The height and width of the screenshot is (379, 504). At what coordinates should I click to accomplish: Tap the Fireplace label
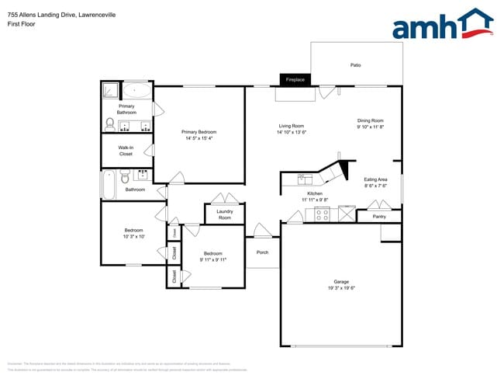coord(295,80)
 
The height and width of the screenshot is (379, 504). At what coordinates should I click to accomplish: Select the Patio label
coord(355,65)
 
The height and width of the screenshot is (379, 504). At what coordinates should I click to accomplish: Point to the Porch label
coord(262,252)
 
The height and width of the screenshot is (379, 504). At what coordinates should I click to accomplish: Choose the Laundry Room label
coord(225,214)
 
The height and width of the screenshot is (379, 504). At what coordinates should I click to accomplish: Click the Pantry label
coord(379,217)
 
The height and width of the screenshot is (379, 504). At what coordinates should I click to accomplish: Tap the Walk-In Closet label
coord(126,151)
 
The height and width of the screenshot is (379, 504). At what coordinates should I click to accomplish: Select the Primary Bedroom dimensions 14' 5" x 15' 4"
coord(199,139)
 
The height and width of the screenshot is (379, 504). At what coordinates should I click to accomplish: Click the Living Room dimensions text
coord(292,132)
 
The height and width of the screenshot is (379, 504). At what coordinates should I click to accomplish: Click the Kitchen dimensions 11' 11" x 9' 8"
coord(315,200)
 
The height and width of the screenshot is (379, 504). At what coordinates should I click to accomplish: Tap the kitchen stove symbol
coord(321,214)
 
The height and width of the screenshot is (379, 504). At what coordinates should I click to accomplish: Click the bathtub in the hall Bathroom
coord(108,184)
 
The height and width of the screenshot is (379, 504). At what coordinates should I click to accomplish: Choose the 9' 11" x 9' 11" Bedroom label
coord(213,257)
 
